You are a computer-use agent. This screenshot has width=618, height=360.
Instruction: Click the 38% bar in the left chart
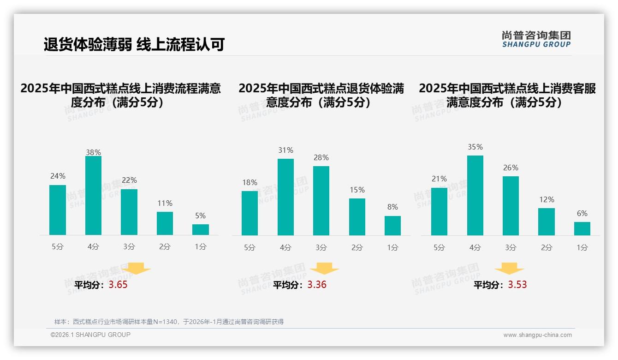[93, 196]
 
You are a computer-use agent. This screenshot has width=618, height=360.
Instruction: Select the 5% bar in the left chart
[201, 229]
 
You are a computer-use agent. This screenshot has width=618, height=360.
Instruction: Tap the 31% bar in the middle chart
[285, 197]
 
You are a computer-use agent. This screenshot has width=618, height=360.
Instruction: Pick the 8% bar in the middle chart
[392, 226]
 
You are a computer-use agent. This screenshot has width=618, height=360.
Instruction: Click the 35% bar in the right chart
[475, 195]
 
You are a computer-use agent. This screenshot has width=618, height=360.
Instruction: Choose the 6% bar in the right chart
[582, 228]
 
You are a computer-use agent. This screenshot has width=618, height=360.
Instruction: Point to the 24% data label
[58, 176]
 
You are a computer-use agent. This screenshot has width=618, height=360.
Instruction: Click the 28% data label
[321, 158]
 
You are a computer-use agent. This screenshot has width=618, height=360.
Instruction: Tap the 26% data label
[511, 168]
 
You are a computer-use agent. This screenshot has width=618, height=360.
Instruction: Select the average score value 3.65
[118, 285]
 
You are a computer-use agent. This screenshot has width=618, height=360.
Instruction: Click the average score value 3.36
[317, 285]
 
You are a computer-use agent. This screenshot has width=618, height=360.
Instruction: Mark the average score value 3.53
[517, 285]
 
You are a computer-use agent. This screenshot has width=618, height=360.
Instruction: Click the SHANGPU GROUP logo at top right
[536, 39]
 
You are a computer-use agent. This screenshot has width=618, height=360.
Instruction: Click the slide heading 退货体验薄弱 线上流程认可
[134, 45]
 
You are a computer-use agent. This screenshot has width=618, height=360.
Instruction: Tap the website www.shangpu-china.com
[537, 335]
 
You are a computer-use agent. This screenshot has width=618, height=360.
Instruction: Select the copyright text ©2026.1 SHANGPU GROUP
[90, 335]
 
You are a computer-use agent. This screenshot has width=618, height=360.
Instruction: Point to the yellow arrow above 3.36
[324, 269]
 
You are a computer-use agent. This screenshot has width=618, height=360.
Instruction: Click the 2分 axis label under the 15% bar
[357, 247]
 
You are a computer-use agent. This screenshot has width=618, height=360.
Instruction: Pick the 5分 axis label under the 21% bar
[439, 247]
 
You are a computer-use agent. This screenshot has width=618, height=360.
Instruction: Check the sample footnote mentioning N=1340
[169, 322]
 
